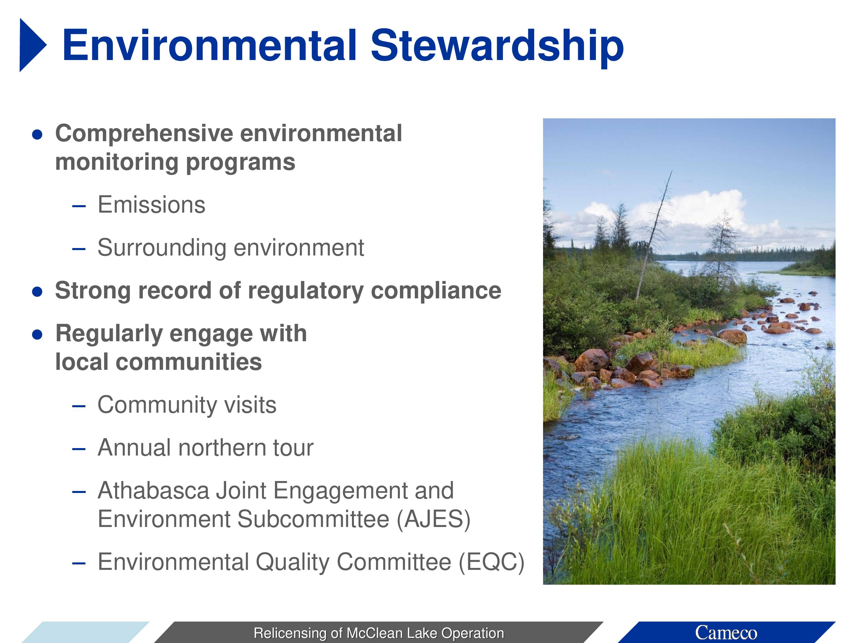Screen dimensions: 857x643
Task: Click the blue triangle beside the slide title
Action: (31, 45)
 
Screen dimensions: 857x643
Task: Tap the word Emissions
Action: (151, 205)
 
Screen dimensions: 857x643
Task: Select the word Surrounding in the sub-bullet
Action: (162, 248)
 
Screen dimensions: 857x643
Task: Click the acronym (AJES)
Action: (434, 519)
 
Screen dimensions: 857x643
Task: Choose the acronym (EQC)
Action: (491, 562)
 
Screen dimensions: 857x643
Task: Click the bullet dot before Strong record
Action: (37, 291)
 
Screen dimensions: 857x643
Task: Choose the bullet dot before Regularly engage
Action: (37, 334)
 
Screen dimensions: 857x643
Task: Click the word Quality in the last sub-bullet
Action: (292, 562)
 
